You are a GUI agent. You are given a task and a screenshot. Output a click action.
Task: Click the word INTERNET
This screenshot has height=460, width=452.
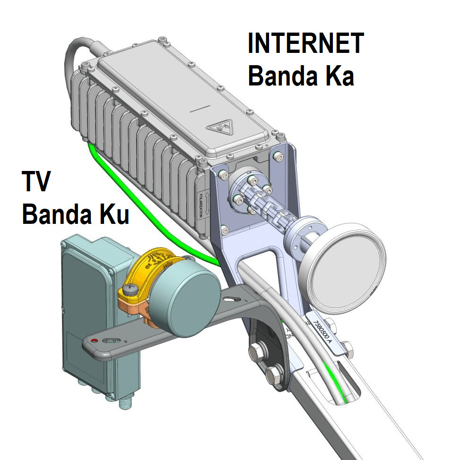305,43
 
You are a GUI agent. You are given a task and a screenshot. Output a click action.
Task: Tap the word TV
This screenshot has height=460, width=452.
36,181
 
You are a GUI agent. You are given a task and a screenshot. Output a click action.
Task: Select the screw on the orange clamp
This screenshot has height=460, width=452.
130,287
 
